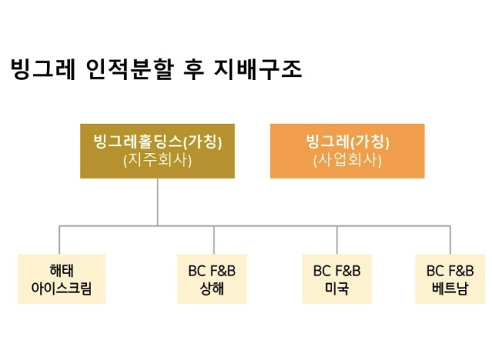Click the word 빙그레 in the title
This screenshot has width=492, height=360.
pyautogui.click(x=43, y=68)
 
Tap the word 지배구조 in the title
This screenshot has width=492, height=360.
pyautogui.click(x=258, y=68)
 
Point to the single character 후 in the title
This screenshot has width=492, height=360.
pyautogui.click(x=194, y=68)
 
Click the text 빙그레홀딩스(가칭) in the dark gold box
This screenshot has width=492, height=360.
pyautogui.click(x=158, y=142)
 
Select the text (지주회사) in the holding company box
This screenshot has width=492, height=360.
pyautogui.click(x=158, y=160)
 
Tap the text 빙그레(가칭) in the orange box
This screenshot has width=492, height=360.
pyautogui.click(x=347, y=142)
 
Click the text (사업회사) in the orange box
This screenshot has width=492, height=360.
pyautogui.click(x=347, y=160)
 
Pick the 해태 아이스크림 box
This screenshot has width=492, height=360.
pyautogui.click(x=61, y=279)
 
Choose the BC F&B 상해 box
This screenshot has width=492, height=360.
pyautogui.click(x=212, y=279)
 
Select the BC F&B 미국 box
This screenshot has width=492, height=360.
pyautogui.click(x=337, y=279)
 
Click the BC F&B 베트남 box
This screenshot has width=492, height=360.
pyautogui.click(x=450, y=279)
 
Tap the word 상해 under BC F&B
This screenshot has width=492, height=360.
pyautogui.click(x=212, y=288)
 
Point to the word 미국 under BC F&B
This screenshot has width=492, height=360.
pyautogui.click(x=337, y=288)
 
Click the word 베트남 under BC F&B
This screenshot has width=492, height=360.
pyautogui.click(x=450, y=288)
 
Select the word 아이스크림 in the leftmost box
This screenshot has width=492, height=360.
pyautogui.click(x=61, y=288)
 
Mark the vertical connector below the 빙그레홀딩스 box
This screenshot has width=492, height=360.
pyautogui.click(x=158, y=202)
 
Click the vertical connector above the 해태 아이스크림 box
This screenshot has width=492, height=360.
pyautogui.click(x=59, y=240)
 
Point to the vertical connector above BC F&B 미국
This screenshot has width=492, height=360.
pyautogui.click(x=337, y=240)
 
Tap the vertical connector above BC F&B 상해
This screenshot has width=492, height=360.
pyautogui.click(x=214, y=240)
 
